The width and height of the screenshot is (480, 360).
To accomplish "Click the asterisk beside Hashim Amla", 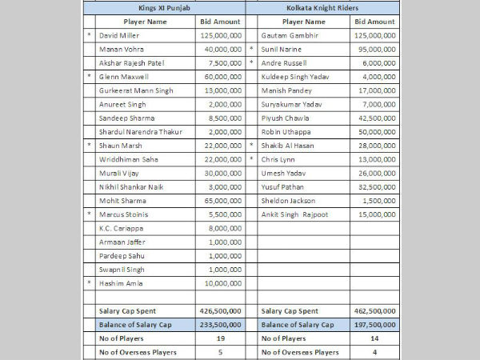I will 89,283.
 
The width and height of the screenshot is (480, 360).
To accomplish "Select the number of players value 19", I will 218,338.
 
